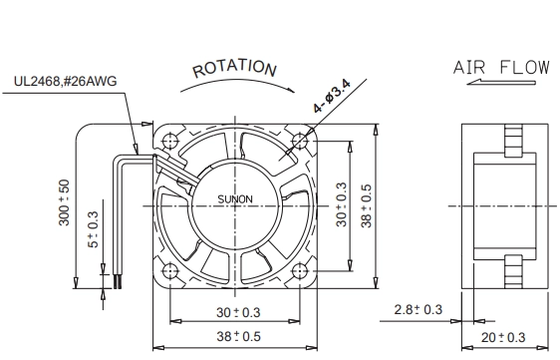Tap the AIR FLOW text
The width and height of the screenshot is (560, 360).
(501, 67)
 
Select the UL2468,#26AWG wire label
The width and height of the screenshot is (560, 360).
(66, 81)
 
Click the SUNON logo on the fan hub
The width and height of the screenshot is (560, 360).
(235, 199)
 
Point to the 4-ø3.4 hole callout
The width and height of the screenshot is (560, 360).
(332, 96)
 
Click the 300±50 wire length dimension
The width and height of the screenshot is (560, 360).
(65, 202)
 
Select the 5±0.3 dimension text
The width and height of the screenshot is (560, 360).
(92, 229)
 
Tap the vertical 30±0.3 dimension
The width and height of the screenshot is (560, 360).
(342, 204)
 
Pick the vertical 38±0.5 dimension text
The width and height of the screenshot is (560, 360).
(367, 205)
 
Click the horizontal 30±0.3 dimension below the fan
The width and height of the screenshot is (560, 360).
(238, 312)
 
